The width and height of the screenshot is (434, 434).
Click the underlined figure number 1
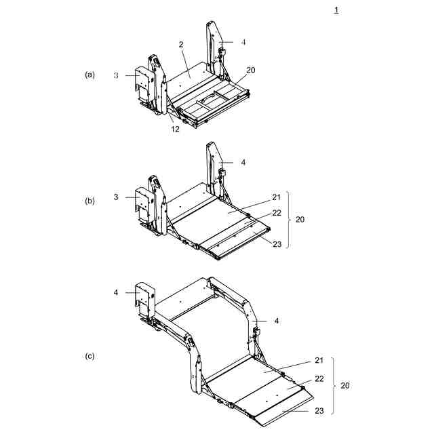pyautogui.click(x=336, y=9)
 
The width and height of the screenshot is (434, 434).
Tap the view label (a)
pyautogui.click(x=90, y=75)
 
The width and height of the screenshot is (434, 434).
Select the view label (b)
pyautogui.click(x=90, y=201)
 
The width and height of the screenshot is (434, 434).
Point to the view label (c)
pyautogui.click(x=90, y=355)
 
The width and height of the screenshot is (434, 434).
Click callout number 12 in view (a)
pyautogui.click(x=175, y=129)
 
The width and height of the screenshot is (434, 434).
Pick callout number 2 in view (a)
pyautogui.click(x=181, y=44)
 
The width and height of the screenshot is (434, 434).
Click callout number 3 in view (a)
pyautogui.click(x=116, y=75)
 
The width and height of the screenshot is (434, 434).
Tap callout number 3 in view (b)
pyautogui.click(x=116, y=197)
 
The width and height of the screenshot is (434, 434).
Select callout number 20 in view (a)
pyautogui.click(x=251, y=70)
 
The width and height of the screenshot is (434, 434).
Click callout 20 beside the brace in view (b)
pyautogui.click(x=300, y=220)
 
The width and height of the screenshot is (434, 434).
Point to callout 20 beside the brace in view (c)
pyautogui.click(x=345, y=385)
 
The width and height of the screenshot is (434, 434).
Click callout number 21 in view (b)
pyautogui.click(x=277, y=197)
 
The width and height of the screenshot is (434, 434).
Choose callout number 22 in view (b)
pyautogui.click(x=277, y=213)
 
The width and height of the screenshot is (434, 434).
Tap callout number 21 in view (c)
pyautogui.click(x=319, y=360)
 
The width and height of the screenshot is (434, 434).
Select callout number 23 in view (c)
pyautogui.click(x=319, y=410)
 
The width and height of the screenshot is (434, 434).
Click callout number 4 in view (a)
pyautogui.click(x=243, y=42)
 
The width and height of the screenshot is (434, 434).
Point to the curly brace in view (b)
pyautogui.click(x=288, y=220)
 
